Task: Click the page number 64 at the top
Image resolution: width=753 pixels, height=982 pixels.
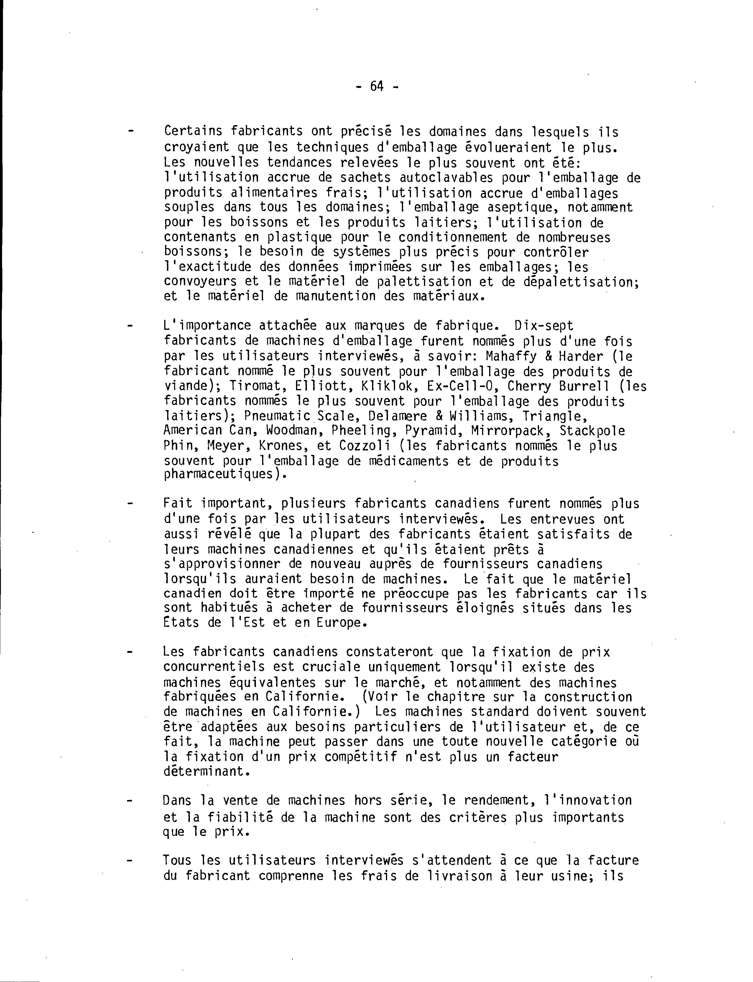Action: coord(377,86)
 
